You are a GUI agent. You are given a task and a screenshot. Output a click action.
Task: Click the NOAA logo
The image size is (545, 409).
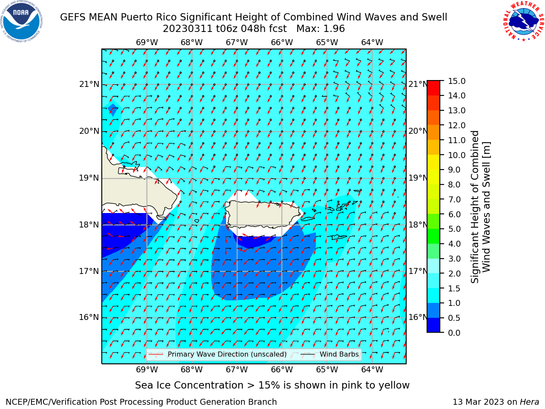coord(22,22)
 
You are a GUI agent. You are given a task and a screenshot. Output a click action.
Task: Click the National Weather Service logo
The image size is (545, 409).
coord(523,21)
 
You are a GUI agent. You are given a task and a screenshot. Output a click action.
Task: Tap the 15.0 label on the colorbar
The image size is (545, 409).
coord(456,81)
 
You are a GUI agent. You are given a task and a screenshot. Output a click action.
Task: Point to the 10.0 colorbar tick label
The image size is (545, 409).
coord(456,155)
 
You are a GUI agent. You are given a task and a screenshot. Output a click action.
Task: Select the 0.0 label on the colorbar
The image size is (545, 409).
coord(454,333)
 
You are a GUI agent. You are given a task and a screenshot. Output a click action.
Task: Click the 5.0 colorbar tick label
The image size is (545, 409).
coord(454,229)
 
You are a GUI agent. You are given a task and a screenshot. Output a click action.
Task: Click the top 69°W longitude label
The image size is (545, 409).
coord(147,43)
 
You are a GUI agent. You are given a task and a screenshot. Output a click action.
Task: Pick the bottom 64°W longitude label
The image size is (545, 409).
coord(372,369)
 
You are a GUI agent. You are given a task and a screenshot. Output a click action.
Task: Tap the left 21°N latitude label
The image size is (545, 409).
coord(89,84)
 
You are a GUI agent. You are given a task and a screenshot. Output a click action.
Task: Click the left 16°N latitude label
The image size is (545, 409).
coord(89,317)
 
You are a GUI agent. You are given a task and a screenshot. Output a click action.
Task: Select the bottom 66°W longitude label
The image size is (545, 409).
coord(282,369)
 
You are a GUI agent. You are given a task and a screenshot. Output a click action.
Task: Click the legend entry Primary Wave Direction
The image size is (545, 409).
coord(217,354)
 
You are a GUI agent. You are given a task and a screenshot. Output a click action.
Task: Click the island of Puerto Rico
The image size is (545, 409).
coord(264,214)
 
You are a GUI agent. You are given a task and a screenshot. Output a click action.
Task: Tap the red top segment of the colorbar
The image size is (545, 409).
coord(433,88)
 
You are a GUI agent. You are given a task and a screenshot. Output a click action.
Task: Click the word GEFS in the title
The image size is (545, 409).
coord(73,17)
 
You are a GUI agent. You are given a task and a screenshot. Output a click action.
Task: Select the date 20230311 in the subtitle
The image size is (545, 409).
coord(187,29)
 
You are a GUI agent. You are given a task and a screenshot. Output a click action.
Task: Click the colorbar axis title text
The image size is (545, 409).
coord(480,207)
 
